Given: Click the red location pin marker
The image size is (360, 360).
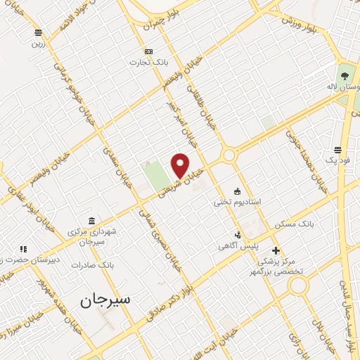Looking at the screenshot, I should pos(181,165).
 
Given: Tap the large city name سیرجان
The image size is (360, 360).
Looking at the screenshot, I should pos(105,300).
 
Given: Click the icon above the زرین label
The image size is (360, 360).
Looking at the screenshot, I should pos(37,32).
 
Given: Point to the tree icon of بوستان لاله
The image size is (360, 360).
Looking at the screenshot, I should pos(344,75).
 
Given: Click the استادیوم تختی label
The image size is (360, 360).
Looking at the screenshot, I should pos(238,202).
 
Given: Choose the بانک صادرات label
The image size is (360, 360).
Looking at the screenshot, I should pos(96,265).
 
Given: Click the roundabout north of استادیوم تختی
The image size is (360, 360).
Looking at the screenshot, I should pos(229,155).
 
